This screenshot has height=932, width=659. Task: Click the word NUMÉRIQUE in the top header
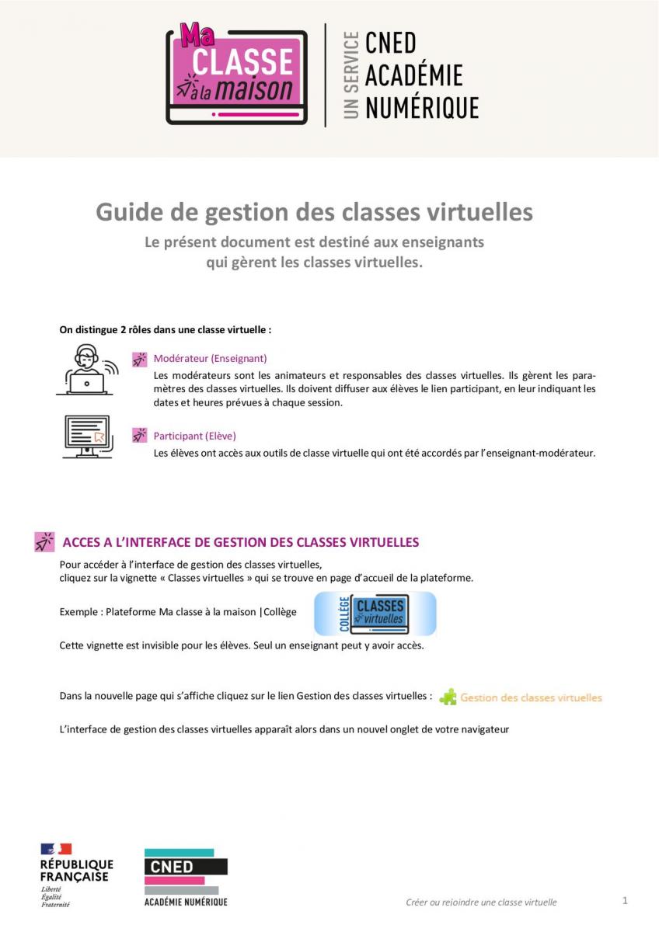point(422,107)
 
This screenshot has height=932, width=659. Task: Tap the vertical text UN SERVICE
point(351,75)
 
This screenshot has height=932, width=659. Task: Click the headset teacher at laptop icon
point(86,370)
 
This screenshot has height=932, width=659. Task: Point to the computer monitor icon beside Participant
point(87,436)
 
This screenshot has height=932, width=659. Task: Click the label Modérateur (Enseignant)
point(210,359)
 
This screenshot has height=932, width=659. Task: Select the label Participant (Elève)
point(194,436)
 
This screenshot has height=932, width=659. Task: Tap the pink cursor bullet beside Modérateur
point(139,359)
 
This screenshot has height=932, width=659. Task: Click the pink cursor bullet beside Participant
point(139,435)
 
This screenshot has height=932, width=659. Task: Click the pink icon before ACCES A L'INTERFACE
point(44,542)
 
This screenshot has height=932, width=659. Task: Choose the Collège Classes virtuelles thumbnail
point(375,614)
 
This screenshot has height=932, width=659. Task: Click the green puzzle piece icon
point(448,697)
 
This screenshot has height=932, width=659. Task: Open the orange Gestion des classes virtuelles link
point(531,697)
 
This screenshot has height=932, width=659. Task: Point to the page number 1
point(625,901)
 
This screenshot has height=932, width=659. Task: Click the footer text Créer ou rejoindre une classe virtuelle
point(481,902)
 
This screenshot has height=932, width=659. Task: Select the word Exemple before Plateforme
point(79,612)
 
